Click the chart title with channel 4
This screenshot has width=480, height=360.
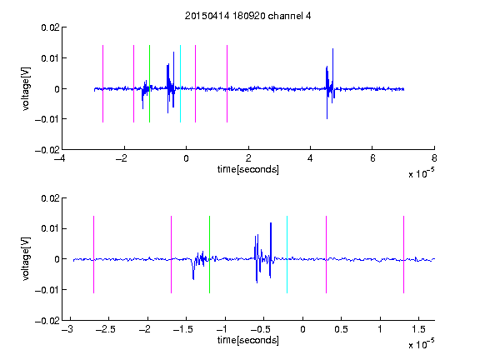pos(247,16)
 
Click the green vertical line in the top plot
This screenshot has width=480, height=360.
pos(150,83)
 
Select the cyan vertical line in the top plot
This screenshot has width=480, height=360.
pos(180,83)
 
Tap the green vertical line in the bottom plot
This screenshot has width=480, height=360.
pos(209,254)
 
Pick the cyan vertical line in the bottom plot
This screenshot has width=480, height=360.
pos(287,254)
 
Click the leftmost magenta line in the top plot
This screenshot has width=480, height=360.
pos(102,83)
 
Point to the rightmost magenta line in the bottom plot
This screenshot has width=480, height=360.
pos(404,254)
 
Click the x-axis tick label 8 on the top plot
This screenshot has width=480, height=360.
pos(434,158)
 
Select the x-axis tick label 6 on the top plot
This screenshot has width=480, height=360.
pos(372,158)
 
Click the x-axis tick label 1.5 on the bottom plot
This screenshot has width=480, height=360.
pos(418,329)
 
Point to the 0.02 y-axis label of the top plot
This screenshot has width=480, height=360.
pos(50,27)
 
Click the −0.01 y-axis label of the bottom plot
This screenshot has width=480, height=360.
pos(47,290)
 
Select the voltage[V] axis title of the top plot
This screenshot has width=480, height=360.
pos(27,88)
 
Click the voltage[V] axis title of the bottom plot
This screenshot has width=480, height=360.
pos(27,258)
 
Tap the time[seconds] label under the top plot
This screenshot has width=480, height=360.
pos(248,169)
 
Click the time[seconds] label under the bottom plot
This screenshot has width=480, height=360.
pos(248,340)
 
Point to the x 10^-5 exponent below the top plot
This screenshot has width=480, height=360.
pos(421,173)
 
